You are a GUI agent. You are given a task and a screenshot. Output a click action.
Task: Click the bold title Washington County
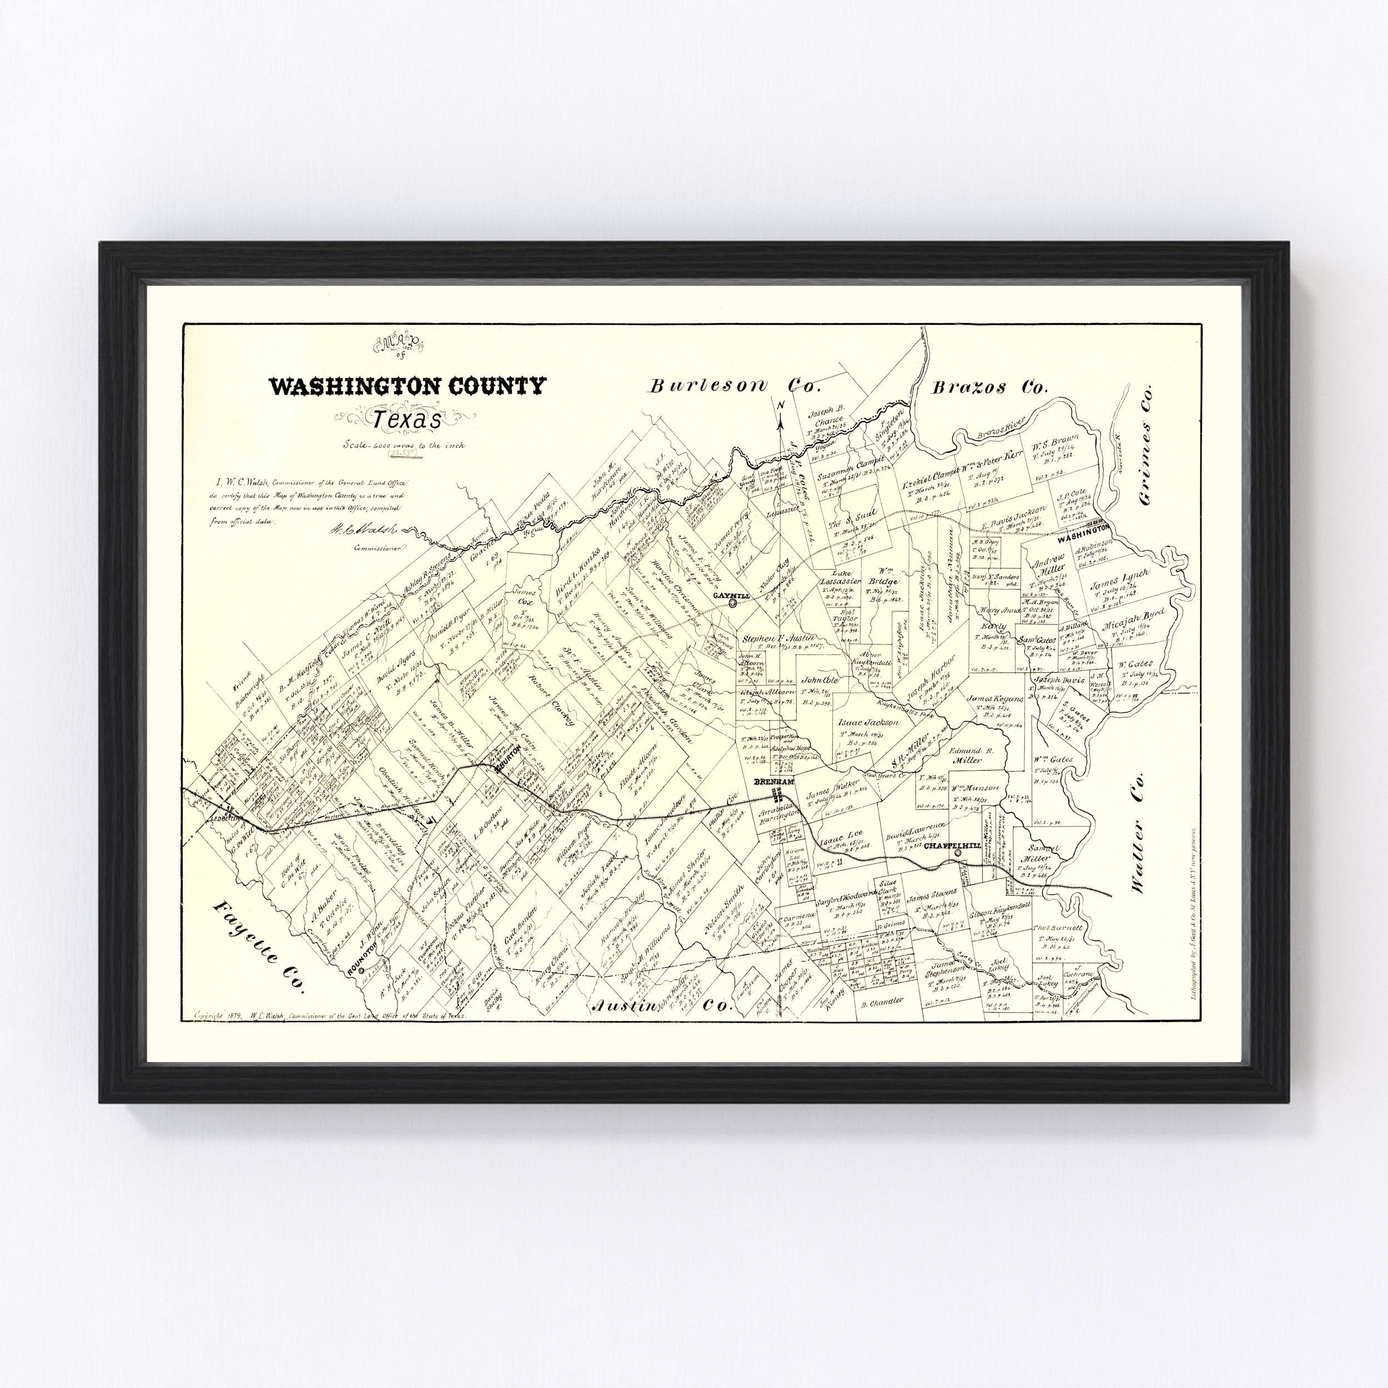406,386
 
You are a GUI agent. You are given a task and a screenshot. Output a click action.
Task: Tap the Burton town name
506,762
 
